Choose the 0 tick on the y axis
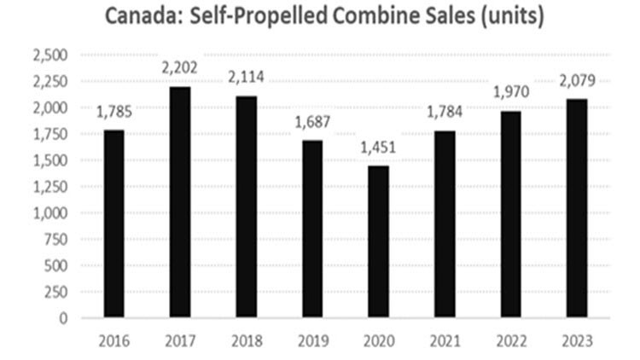coord(61,318)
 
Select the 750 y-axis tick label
coord(55,240)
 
